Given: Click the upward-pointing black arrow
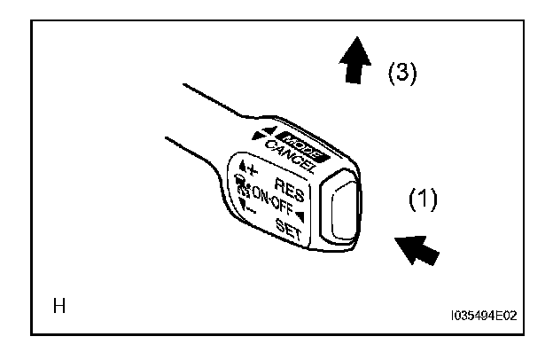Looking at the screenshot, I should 354,65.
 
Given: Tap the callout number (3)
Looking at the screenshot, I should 402,74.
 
